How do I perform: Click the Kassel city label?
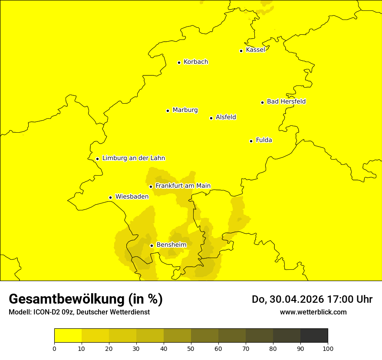tap(255, 50)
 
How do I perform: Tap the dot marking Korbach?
tap(179, 62)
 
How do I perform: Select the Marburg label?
tap(185, 110)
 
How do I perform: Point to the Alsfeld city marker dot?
tap(211, 118)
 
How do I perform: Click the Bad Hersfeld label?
tap(286, 101)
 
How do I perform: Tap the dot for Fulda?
tap(251, 141)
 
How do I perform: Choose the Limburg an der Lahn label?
tap(133, 158)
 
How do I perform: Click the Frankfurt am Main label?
tap(183, 186)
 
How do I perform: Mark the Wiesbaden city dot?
tap(110, 198)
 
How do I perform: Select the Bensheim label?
tap(171, 245)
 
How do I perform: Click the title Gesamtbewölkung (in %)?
tap(86, 299)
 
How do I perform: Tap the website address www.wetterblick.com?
tap(313, 312)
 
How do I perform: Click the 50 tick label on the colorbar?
tap(191, 348)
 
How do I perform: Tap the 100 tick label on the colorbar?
tap(328, 348)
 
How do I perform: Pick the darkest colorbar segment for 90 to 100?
tap(314, 335)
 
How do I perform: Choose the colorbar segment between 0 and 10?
tap(68, 335)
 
